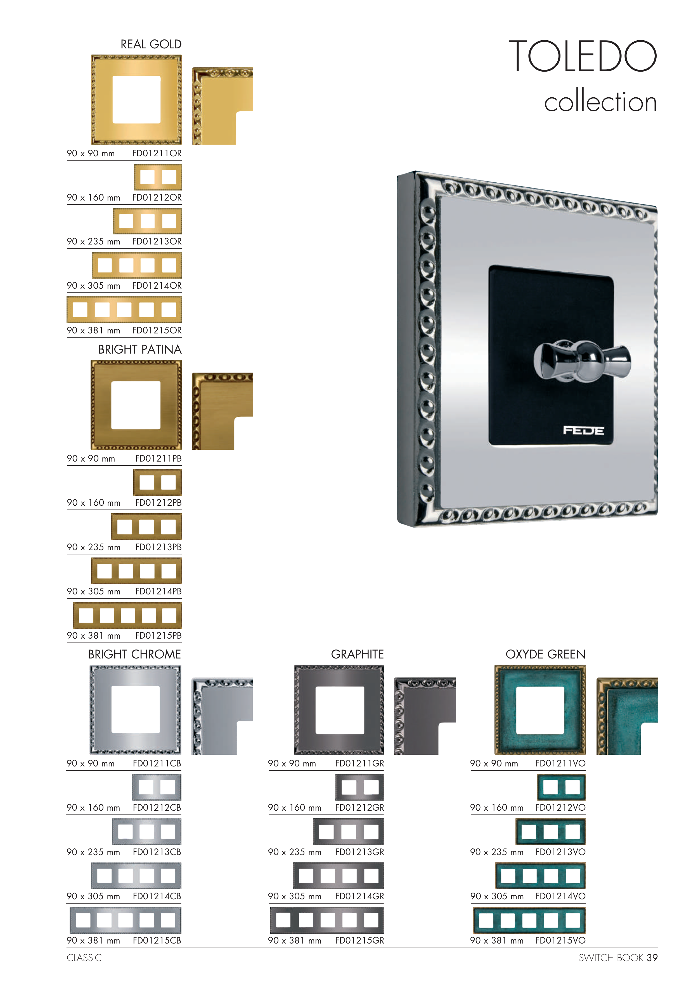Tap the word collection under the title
(600, 102)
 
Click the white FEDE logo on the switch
(584, 430)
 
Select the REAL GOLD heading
(151, 44)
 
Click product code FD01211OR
(157, 154)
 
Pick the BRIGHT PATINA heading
(140, 349)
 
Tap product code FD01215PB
(158, 636)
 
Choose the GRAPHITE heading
(358, 655)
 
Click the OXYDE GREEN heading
(545, 655)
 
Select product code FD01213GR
(359, 852)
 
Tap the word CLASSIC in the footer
(84, 958)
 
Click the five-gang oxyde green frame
(529, 920)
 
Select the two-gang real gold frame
(158, 177)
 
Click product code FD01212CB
(157, 808)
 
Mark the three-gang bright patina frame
(146, 527)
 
